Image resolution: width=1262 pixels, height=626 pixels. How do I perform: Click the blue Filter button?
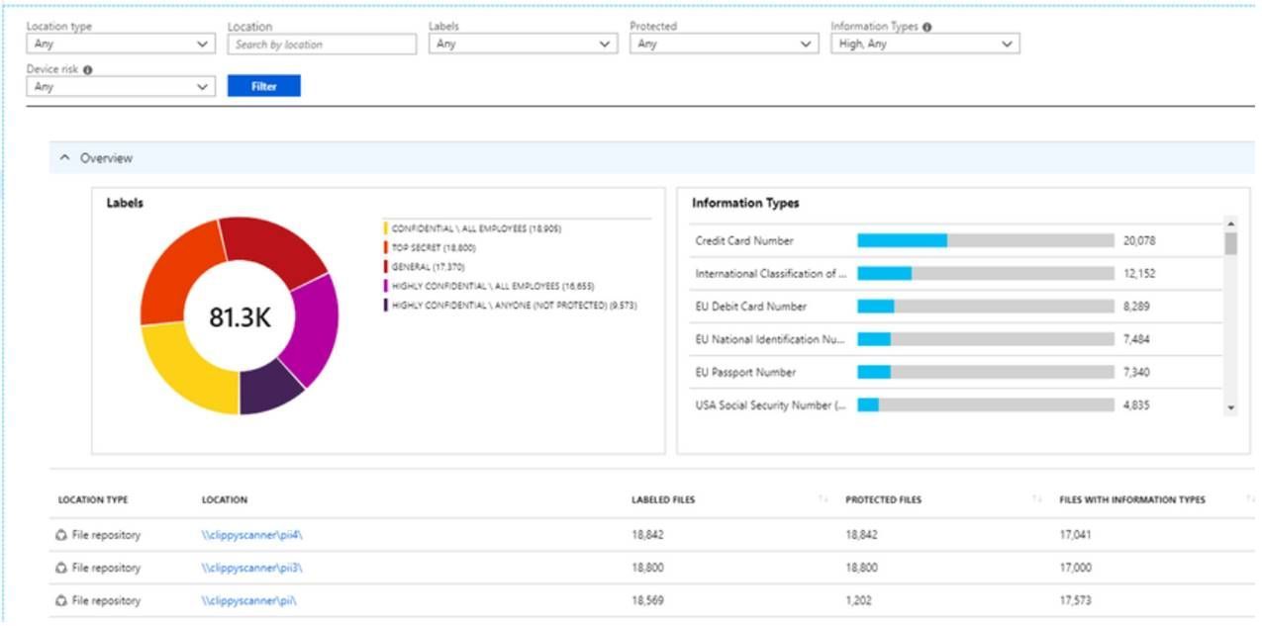263,86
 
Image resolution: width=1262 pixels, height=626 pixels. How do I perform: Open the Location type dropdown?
120,45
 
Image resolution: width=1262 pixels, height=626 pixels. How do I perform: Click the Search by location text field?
322,45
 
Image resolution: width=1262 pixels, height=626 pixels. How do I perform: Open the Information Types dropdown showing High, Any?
924,45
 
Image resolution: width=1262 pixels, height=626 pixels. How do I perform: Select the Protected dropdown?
723,45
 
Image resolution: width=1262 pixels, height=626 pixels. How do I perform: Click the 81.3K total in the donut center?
240,316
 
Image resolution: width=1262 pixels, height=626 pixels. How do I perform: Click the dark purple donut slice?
271,388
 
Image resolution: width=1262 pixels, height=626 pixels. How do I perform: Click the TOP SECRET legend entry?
433,248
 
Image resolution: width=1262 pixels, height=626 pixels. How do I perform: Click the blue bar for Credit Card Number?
901,240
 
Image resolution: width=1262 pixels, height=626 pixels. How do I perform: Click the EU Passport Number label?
745,372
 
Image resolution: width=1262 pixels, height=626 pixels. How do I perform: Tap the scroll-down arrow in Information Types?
1230,407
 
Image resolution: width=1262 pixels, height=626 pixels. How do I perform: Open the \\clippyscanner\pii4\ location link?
251,535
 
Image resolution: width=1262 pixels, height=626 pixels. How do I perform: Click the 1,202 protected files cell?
860,600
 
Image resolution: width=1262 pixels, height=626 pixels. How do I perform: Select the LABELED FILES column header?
662,499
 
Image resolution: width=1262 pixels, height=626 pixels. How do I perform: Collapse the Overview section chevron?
65,158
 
